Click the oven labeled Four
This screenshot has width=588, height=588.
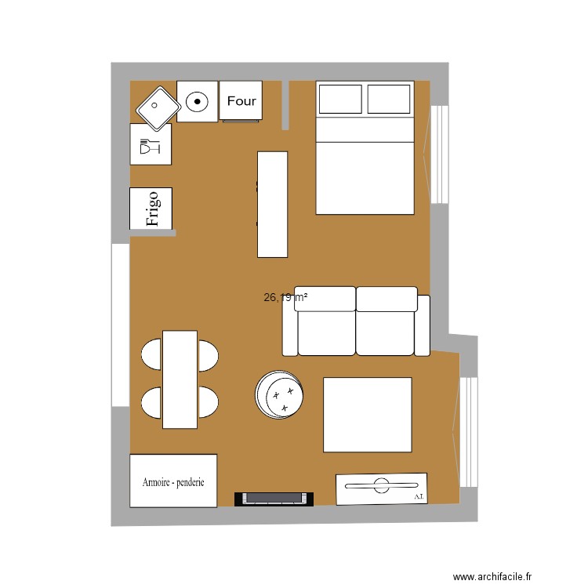241,101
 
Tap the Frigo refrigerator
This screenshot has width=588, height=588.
151,209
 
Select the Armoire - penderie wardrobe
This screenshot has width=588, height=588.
173,481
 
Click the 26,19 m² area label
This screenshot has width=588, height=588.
285,297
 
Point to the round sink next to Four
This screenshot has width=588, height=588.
197,101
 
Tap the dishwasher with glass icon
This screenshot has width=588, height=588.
151,144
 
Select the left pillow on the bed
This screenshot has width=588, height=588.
339,100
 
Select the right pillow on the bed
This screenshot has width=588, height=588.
389,100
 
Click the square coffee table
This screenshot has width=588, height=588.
367,415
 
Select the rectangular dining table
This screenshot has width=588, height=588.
180,379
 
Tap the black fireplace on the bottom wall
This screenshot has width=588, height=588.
274,498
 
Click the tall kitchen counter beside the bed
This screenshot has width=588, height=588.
272,204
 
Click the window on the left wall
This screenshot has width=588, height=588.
120,325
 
